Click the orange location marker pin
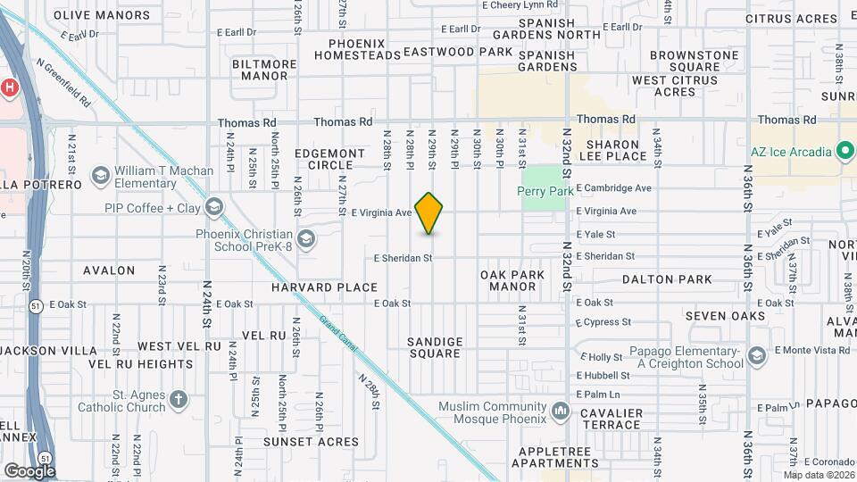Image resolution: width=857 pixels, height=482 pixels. [429, 213]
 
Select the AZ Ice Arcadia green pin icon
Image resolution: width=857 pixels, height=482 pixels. [845, 151]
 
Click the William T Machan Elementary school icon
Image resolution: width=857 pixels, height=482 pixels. [100, 173]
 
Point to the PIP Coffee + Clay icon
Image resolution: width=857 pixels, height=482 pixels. [212, 208]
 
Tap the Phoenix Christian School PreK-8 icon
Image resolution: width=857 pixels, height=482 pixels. [306, 237]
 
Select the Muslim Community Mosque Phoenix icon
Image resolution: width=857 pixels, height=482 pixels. [561, 411]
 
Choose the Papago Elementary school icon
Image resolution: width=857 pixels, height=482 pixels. [757, 356]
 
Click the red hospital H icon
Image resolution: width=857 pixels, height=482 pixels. [9, 87]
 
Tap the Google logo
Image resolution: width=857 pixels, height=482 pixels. [29, 470]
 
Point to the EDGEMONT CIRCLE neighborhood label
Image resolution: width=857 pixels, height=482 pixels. [330, 159]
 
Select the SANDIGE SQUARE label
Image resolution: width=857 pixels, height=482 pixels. [435, 347]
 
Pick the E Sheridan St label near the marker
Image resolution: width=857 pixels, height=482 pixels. [403, 258]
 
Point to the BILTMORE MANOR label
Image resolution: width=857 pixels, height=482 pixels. [264, 70]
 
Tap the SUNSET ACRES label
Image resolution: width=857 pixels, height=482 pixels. [311, 441]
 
